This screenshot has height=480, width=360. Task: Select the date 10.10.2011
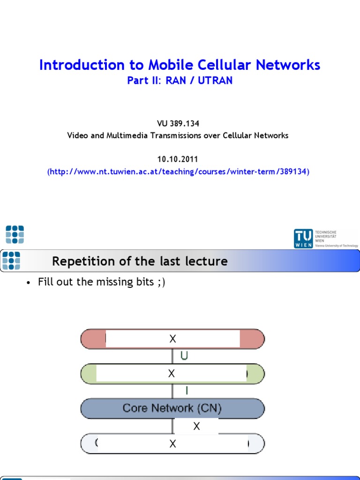pos(178,159)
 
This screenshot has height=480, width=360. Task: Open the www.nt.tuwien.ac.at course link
pos(178,172)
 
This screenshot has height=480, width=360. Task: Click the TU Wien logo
pos(325,238)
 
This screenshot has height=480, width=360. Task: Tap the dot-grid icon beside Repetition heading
pos(11,261)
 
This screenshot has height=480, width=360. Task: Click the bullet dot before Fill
pos(29,283)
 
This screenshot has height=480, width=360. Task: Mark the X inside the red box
pos(172,339)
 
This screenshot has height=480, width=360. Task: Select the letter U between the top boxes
pos(184,356)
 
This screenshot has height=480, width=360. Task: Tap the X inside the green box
pos(172,374)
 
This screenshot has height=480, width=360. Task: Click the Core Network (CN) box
pos(172,408)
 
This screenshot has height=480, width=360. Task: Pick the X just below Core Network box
pos(196,426)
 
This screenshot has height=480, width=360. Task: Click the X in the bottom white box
pos(172,444)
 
